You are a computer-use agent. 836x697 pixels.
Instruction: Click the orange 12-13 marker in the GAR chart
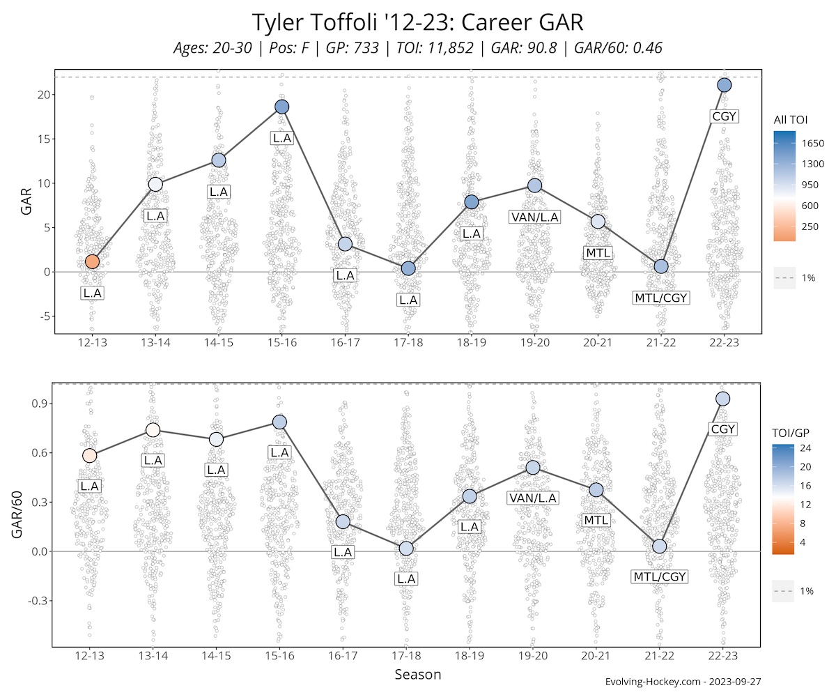92,261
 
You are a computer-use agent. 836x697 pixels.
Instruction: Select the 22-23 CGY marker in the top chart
724,85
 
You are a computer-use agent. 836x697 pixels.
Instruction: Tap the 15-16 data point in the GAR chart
281,107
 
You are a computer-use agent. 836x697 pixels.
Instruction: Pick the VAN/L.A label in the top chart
535,217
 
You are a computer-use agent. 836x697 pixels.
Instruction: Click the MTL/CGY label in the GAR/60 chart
660,576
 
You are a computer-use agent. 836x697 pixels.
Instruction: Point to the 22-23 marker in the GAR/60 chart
722,399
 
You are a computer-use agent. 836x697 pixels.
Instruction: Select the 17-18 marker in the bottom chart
406,549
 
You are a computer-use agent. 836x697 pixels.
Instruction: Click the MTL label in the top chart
598,252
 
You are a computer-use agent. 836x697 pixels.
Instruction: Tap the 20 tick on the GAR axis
43,95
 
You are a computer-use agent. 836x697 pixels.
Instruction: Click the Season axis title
417,675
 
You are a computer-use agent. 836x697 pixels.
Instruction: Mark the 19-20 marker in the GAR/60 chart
533,467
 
